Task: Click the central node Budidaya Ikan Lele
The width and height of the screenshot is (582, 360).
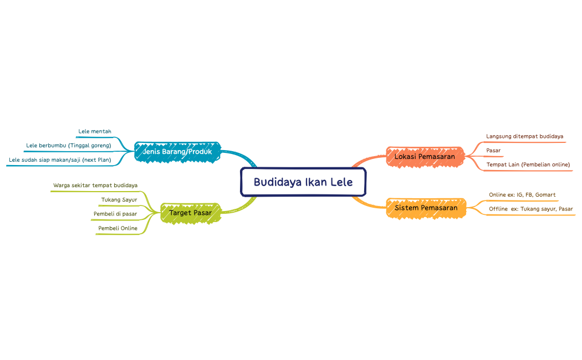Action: click(x=303, y=182)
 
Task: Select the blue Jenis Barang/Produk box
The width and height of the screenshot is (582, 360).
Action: click(x=177, y=151)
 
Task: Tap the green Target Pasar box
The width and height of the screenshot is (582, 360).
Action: click(x=190, y=213)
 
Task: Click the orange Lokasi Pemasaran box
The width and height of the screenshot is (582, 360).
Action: click(x=425, y=157)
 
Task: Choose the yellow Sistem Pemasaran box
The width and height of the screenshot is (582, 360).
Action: click(x=426, y=208)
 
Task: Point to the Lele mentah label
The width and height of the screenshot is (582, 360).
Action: click(x=95, y=131)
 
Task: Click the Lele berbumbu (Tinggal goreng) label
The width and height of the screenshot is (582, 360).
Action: click(x=69, y=146)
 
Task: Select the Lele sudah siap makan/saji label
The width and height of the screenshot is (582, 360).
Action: click(x=60, y=160)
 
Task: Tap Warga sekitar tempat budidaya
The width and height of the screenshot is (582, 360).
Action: click(x=95, y=185)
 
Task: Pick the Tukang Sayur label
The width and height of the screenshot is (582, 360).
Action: click(x=119, y=199)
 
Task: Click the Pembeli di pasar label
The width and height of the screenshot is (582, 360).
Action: click(x=115, y=214)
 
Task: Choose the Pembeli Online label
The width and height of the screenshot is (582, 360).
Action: click(x=118, y=228)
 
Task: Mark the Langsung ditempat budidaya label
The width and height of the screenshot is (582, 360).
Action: click(x=524, y=136)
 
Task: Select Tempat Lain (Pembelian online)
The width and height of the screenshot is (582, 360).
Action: click(x=528, y=164)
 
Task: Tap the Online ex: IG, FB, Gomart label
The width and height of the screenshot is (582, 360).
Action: click(x=522, y=195)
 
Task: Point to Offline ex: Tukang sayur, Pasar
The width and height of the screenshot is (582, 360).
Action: click(x=530, y=209)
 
